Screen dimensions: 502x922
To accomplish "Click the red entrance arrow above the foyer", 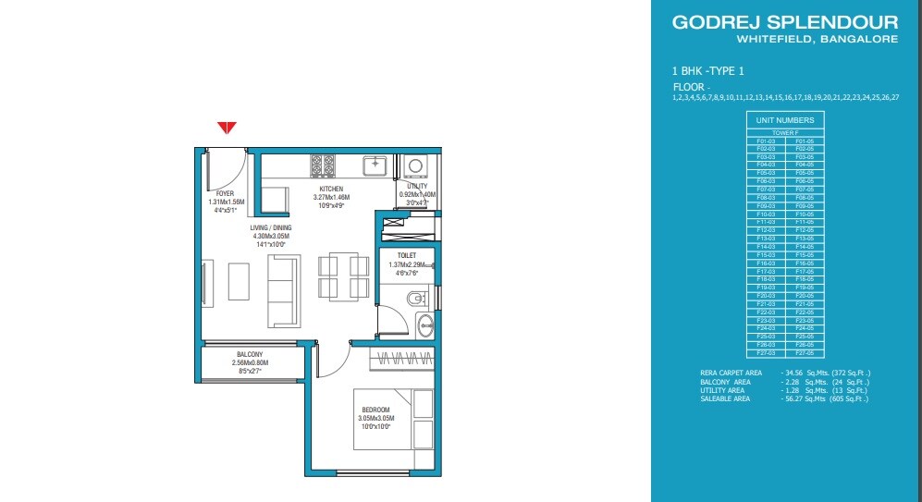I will pyautogui.click(x=227, y=128).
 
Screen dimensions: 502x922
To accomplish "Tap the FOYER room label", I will pyautogui.click(x=225, y=193).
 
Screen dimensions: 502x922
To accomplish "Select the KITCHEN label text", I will pyautogui.click(x=330, y=189).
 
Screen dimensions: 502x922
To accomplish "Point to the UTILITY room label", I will pyautogui.click(x=417, y=186).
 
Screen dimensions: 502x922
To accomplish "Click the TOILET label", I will pyautogui.click(x=407, y=254).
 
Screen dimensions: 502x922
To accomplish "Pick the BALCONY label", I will pyautogui.click(x=249, y=354).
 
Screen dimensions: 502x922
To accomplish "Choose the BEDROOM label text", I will pyautogui.click(x=375, y=410).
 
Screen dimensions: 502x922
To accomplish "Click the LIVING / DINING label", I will pyautogui.click(x=271, y=227).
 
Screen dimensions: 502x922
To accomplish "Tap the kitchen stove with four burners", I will pyautogui.click(x=323, y=165).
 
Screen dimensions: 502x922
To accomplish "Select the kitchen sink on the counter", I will pyautogui.click(x=375, y=165).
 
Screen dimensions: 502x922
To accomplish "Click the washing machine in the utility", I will pyautogui.click(x=415, y=166).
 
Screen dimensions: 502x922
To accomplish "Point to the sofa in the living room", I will pyautogui.click(x=282, y=290).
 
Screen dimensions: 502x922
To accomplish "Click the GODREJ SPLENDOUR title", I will pyautogui.click(x=785, y=22).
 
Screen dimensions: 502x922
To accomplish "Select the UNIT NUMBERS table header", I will pyautogui.click(x=785, y=120).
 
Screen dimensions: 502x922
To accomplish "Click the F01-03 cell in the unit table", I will pyautogui.click(x=766, y=141).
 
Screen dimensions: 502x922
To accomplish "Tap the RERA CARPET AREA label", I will pyautogui.click(x=731, y=372).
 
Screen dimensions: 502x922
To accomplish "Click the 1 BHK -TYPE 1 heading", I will pyautogui.click(x=708, y=70).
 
